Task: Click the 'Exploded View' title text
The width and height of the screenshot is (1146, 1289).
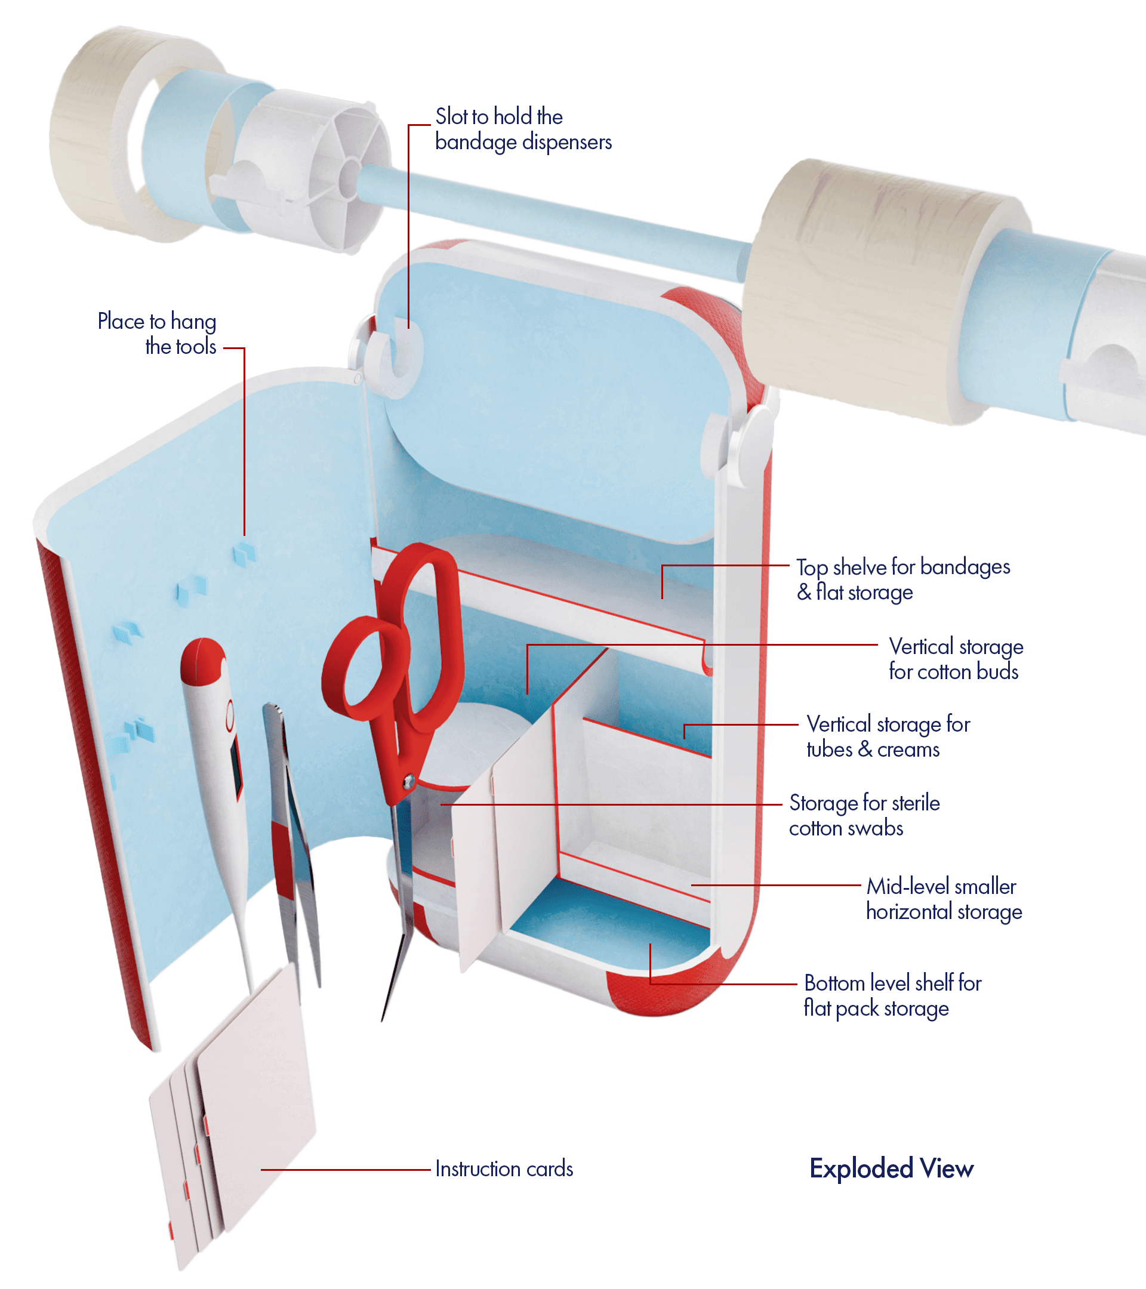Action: pyautogui.click(x=891, y=1168)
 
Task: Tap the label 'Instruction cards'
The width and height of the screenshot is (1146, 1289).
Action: pyautogui.click(x=504, y=1169)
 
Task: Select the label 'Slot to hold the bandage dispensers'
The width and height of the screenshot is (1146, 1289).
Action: pyautogui.click(x=523, y=129)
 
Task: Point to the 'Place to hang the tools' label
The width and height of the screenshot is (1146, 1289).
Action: pyautogui.click(x=157, y=334)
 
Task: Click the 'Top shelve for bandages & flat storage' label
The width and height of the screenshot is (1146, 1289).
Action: pyautogui.click(x=902, y=579)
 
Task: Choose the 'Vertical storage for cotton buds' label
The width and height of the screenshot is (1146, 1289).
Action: pyautogui.click(x=956, y=659)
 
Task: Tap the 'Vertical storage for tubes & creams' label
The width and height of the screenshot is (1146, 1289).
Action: pyautogui.click(x=888, y=736)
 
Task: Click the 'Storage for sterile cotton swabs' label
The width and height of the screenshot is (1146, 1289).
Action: pyautogui.click(x=864, y=815)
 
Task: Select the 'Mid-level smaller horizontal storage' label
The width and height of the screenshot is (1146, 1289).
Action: pyautogui.click(x=944, y=899)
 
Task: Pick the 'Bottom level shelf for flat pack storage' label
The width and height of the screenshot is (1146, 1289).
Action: pyautogui.click(x=892, y=995)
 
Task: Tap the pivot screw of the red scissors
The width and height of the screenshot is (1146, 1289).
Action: pyautogui.click(x=409, y=781)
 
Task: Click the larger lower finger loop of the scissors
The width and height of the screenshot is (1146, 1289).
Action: pyautogui.click(x=359, y=671)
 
